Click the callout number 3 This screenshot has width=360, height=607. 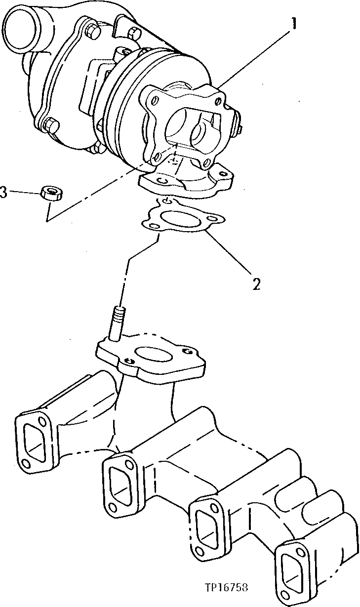(4, 192)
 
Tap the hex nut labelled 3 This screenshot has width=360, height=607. (50, 192)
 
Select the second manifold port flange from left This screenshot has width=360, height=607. (120, 481)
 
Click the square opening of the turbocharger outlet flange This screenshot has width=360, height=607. (190, 126)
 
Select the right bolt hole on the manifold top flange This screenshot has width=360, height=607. (186, 351)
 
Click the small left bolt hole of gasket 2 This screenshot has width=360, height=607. (150, 225)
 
